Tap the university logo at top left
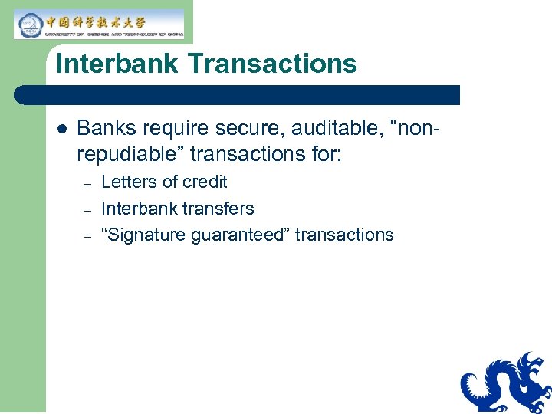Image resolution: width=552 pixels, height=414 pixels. [99, 25]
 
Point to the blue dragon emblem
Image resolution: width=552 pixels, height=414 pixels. [506, 383]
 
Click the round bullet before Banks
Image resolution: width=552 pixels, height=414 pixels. [61, 129]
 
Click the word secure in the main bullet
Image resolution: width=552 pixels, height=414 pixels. [242, 128]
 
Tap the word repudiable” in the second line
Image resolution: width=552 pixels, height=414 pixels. [130, 154]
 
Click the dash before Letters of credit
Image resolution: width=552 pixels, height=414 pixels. [87, 184]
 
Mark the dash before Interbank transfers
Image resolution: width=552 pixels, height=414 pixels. [87, 210]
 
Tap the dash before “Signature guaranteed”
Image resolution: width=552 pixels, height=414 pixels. [87, 236]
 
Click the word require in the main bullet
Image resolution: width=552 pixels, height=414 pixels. [170, 128]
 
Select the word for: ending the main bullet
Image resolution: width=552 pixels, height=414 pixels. [325, 154]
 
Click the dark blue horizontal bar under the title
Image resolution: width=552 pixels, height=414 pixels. [238, 95]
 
